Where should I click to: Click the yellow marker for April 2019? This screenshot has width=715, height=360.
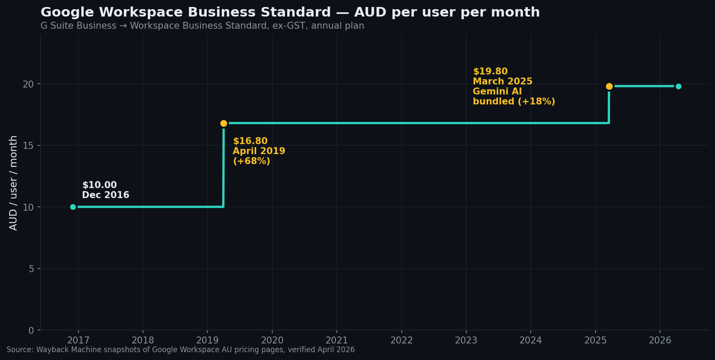coord(223,123)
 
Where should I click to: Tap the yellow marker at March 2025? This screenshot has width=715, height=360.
coord(609,86)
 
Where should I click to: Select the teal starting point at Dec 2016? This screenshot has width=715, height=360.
coord(73,207)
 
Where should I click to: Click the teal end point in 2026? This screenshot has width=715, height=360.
coord(678,86)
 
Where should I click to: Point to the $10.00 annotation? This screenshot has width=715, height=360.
coord(100,185)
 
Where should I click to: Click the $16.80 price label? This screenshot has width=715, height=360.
coord(250,141)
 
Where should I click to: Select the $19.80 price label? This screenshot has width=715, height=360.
coord(490,72)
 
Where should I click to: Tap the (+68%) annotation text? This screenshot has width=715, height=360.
coord(251,162)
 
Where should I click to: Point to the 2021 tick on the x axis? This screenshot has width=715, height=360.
coord(337,340)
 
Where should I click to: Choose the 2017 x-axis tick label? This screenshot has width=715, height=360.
coord(78,340)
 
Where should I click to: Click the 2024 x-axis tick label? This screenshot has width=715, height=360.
coord(531,340)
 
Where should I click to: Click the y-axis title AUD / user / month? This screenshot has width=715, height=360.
coord(13,182)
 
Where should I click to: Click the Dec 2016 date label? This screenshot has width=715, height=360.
coord(105,195)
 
